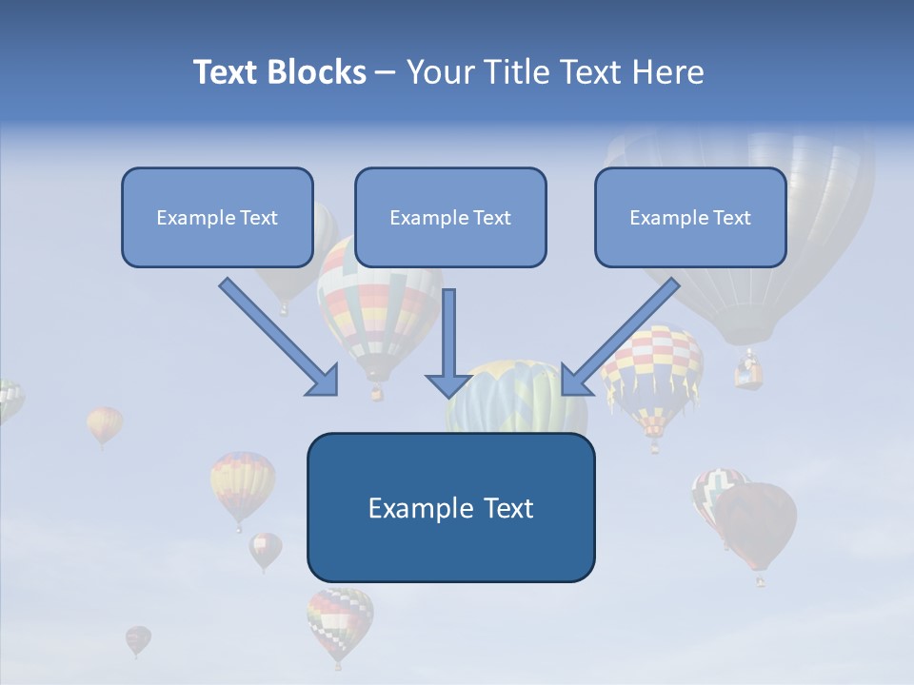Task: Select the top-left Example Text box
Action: click(x=217, y=217)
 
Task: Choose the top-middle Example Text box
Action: click(x=450, y=217)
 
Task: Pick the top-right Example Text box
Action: click(x=690, y=217)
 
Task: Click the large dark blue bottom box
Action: click(x=450, y=507)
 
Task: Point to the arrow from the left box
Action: click(x=281, y=339)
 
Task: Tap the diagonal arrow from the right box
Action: click(x=619, y=339)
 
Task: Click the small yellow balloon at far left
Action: click(x=104, y=423)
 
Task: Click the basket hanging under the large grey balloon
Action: click(x=749, y=372)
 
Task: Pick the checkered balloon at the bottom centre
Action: click(x=340, y=620)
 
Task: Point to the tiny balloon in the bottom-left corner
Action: click(x=137, y=639)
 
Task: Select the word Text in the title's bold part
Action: click(x=226, y=72)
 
